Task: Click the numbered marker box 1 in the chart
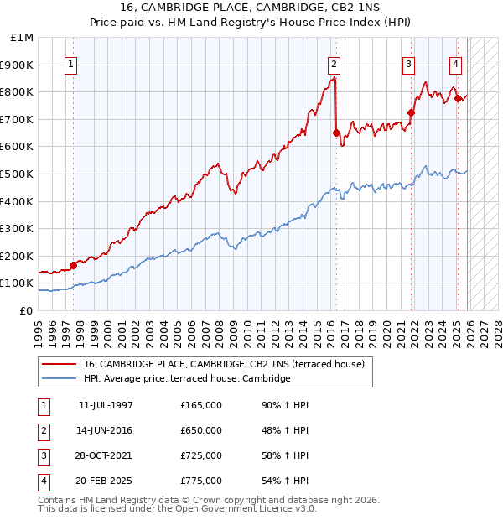coord(71,64)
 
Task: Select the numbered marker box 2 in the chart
coord(334,64)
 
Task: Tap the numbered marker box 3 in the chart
coord(408,64)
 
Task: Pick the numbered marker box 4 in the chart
coord(455,64)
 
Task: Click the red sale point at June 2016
coord(336,133)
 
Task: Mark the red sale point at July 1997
coord(74,265)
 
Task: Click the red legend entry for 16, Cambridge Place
coord(223,365)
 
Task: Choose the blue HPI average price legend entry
coord(186,379)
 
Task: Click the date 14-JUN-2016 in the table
coord(106,430)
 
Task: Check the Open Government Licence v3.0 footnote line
coord(178,508)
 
